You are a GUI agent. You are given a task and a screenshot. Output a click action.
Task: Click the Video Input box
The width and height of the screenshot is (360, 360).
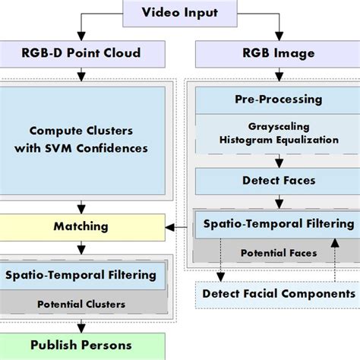pos(179,11)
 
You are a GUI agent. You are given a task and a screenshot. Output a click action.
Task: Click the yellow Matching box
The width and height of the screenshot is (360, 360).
pos(82,226)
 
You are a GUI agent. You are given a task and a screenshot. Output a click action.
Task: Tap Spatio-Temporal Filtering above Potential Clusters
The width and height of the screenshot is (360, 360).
pos(82,275)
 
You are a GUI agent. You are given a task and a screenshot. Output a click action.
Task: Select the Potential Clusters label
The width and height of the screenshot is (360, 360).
pos(82,304)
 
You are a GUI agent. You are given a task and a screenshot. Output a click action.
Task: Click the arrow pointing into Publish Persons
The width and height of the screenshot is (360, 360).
pos(82,328)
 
